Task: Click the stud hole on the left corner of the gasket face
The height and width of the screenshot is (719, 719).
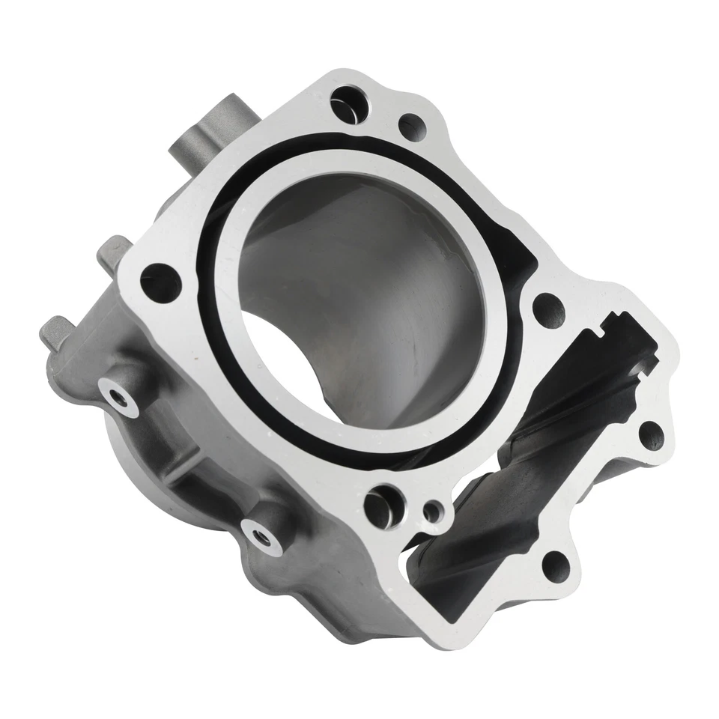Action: pos(161,282)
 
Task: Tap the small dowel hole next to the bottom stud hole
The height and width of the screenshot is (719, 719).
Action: pos(432,512)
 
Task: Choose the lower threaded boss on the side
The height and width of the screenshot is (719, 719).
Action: pos(261,533)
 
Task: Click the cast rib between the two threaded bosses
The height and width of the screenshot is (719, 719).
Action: pos(191,457)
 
